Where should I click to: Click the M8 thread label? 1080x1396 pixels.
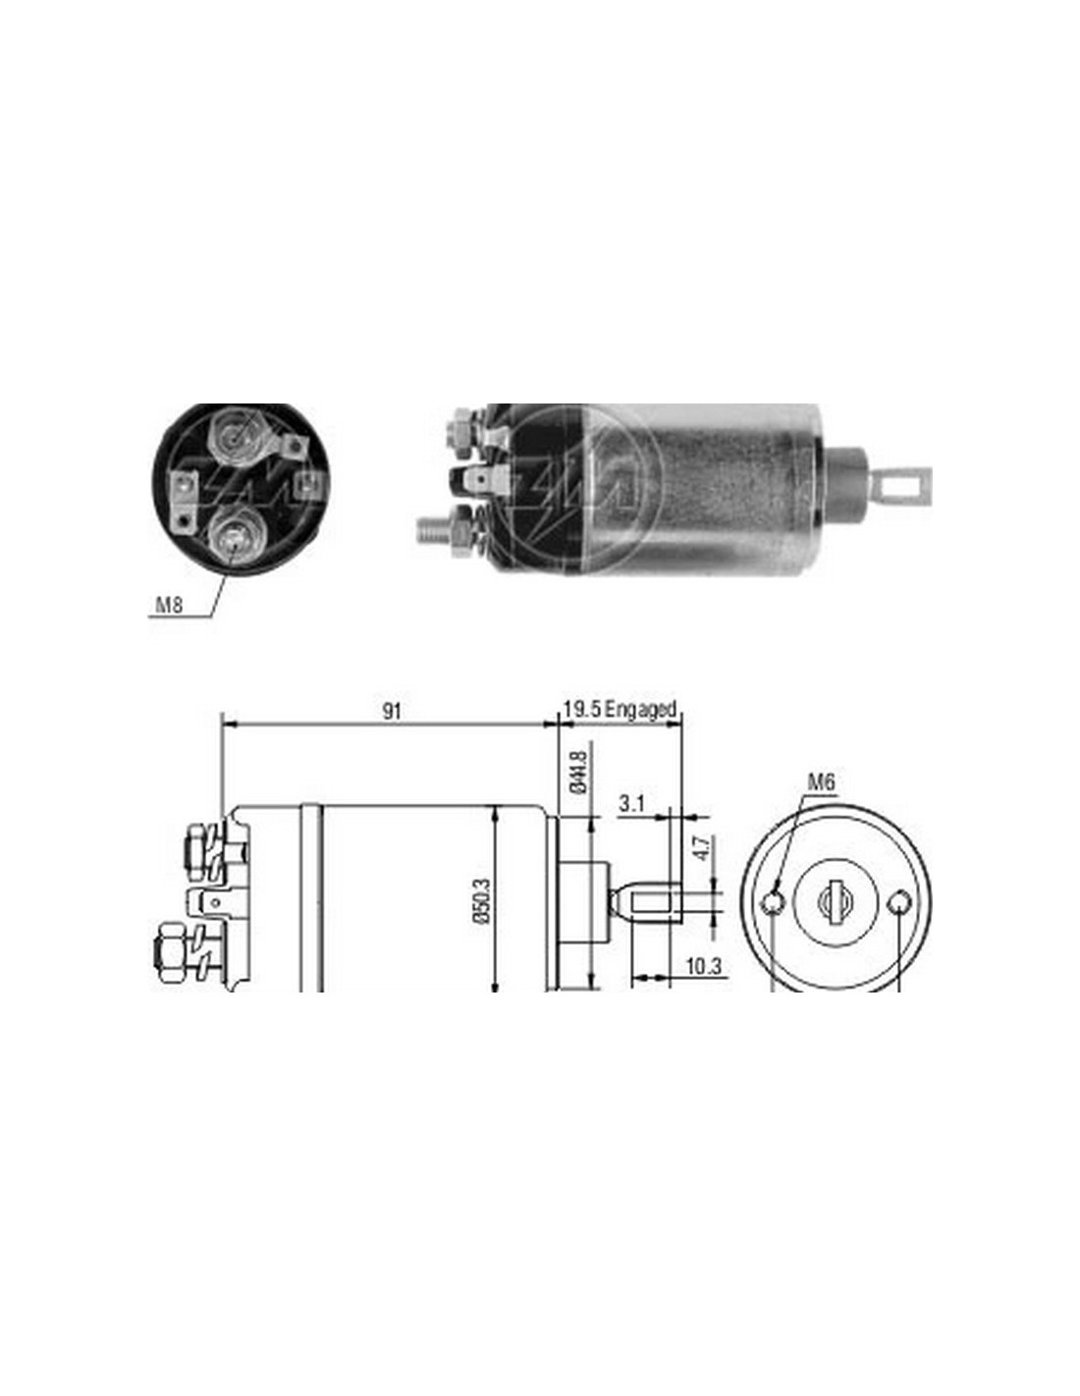point(170,605)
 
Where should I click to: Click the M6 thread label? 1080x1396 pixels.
point(821,781)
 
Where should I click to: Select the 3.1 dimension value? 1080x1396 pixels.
point(632,804)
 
